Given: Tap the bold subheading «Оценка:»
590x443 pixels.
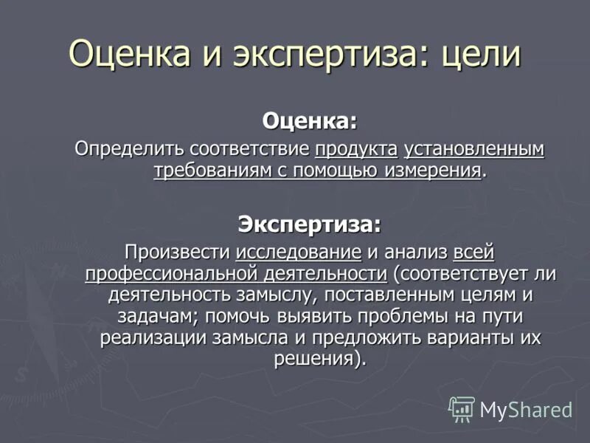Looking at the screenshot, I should coord(310,119).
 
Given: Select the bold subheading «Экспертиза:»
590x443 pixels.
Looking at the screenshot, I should coord(310,222).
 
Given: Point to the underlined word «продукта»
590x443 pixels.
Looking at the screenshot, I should coord(356,148).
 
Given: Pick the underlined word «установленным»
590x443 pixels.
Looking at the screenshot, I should coord(474,148).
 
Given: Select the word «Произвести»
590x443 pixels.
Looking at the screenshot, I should coord(178,252).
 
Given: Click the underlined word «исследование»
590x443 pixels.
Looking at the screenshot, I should coord(299,252).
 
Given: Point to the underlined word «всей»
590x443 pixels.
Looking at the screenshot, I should coord(473,252).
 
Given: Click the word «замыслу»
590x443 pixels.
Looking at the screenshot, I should coord(257,295).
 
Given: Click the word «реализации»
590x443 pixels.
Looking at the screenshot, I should coord(150,338).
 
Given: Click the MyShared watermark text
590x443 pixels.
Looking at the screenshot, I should coord(526,410).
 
